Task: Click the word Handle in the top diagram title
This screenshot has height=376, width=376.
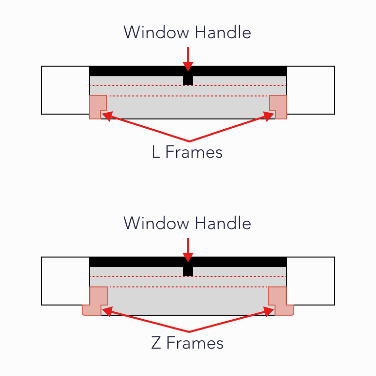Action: tap(223, 33)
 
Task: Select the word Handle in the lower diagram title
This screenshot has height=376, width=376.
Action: tap(223, 224)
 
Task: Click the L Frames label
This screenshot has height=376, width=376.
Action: tap(187, 152)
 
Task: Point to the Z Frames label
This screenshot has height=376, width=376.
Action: tap(187, 343)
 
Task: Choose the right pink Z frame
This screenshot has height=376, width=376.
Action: tap(279, 299)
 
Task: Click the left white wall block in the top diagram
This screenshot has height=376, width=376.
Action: tap(65, 90)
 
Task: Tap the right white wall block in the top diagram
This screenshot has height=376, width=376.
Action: tap(310, 90)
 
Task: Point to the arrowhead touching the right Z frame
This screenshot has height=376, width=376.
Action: tap(270, 311)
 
